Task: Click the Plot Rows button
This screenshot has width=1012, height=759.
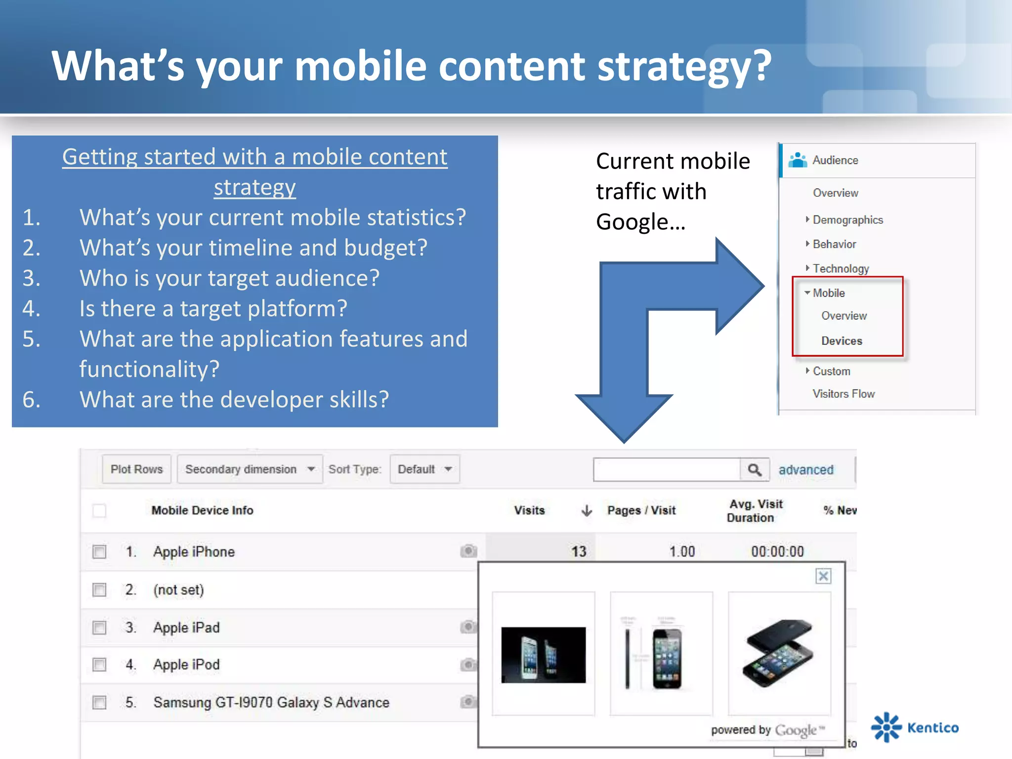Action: tap(136, 469)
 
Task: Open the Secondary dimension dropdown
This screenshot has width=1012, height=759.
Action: tap(250, 469)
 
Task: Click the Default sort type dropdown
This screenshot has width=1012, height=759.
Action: tap(424, 469)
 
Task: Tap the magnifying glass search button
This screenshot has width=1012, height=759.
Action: tap(755, 469)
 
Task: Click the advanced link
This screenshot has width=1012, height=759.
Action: tap(806, 469)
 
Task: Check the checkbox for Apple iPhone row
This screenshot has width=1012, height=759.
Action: tap(99, 551)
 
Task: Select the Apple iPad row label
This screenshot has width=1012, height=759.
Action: tap(186, 628)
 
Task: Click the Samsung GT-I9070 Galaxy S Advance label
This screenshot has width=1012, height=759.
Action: tap(271, 702)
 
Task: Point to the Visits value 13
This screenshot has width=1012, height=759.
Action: tap(579, 551)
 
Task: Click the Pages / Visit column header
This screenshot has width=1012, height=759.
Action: tap(641, 510)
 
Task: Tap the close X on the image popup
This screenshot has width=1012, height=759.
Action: tap(823, 576)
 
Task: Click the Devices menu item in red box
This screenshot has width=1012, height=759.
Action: tap(842, 341)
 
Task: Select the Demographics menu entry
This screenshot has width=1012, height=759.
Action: tap(847, 220)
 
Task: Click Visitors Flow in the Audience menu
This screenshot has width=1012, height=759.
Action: tap(843, 394)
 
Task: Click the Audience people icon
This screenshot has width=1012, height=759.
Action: tap(798, 160)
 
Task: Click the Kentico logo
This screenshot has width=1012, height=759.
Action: tap(915, 727)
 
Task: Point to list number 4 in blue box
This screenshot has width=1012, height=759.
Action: tap(32, 309)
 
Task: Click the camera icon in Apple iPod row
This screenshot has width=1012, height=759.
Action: tap(468, 665)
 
